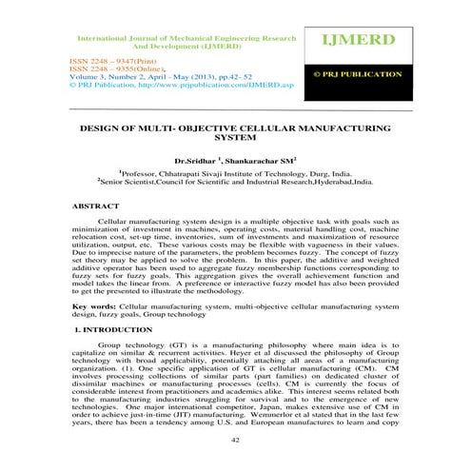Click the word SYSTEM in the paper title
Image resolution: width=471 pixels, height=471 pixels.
234,137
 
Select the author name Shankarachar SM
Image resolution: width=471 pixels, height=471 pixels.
262,161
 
